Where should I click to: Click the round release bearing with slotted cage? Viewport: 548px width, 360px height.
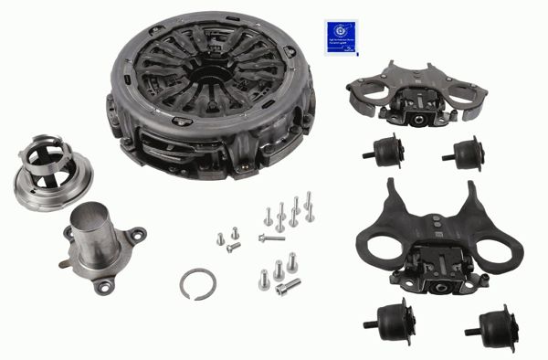(46, 174)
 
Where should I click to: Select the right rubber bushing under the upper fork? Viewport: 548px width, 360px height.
(466, 154)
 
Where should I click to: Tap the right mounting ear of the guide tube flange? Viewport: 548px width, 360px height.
(136, 236)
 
